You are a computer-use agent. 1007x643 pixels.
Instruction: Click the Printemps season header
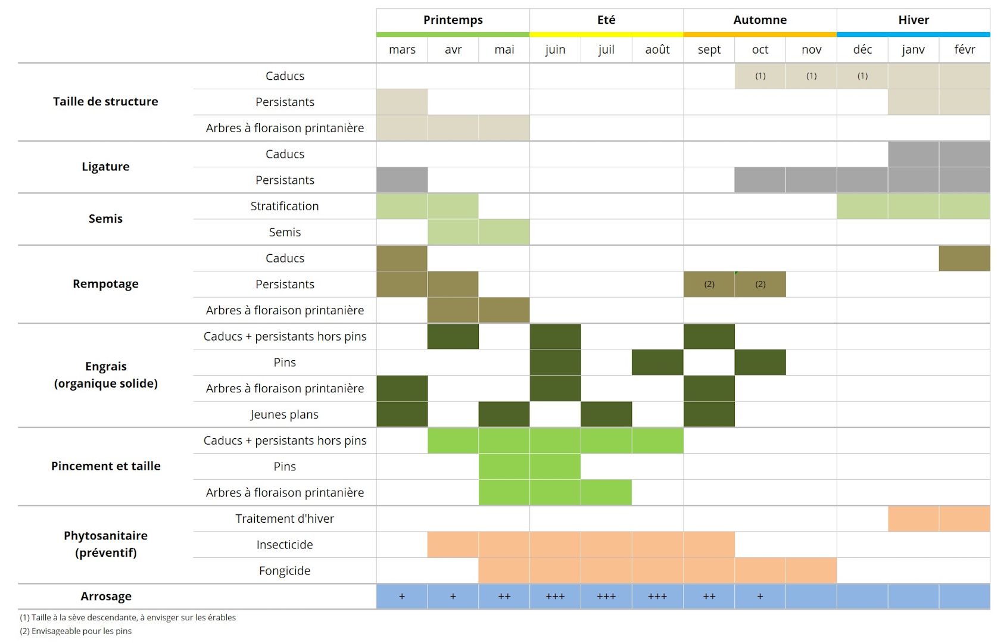point(453,20)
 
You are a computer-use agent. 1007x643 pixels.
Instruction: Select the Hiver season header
point(913,20)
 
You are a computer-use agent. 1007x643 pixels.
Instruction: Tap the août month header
point(657,49)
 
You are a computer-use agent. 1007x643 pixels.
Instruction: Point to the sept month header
point(709,49)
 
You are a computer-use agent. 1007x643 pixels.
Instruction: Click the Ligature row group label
point(105,167)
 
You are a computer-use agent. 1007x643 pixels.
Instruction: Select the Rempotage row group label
point(105,284)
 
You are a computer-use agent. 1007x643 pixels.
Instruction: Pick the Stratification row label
point(285,206)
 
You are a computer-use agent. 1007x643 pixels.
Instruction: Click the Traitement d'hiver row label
point(285,519)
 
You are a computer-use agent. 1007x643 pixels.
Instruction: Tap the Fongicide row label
point(285,571)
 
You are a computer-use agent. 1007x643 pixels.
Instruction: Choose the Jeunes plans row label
point(285,414)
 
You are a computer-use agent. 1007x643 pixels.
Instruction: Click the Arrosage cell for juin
point(555,597)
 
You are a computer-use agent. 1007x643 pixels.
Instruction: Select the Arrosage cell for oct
point(760,597)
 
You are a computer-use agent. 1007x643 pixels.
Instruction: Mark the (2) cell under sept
point(709,285)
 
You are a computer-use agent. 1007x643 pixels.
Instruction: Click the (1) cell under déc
point(862,76)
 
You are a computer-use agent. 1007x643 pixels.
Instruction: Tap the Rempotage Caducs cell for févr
point(964,258)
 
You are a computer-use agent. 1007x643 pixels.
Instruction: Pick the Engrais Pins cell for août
point(657,363)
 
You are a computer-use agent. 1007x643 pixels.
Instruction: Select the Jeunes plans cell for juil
point(606,414)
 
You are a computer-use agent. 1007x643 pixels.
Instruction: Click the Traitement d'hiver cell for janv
point(913,519)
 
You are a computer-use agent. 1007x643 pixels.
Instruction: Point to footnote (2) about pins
point(76,631)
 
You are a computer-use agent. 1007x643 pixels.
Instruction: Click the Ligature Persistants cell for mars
point(402,180)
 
